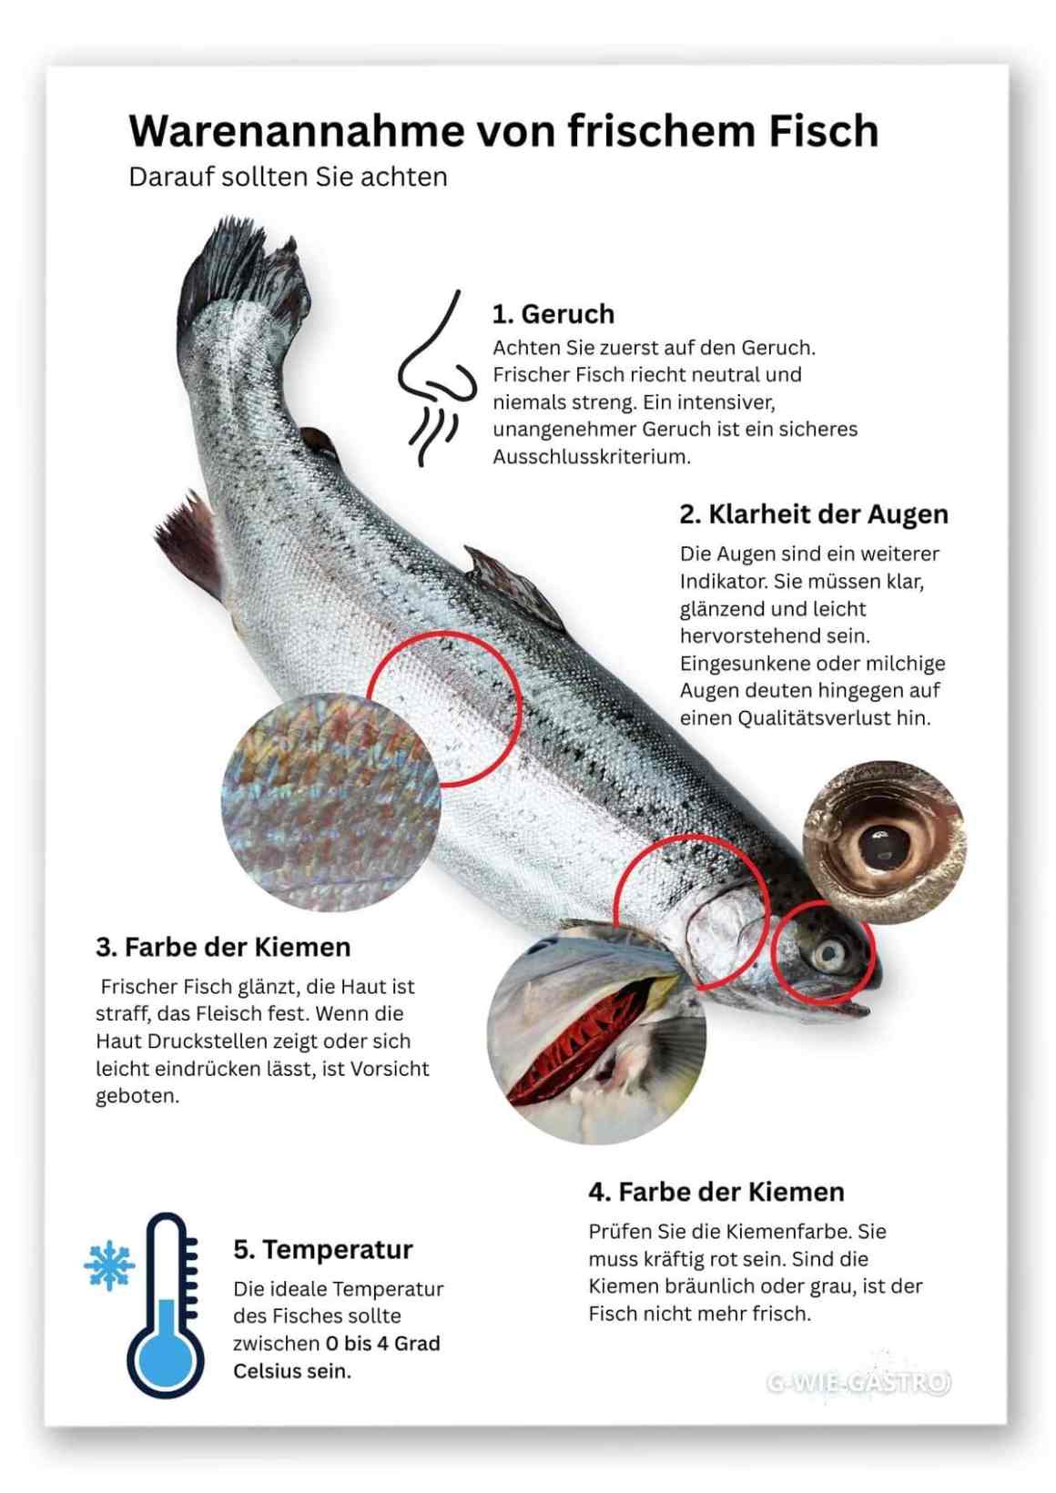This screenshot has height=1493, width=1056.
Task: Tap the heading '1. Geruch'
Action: tap(553, 314)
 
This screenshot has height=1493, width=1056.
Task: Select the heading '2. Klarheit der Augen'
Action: tap(813, 514)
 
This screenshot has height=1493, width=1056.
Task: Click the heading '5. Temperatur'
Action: tap(322, 1250)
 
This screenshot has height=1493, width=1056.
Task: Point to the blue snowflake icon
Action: tap(109, 1264)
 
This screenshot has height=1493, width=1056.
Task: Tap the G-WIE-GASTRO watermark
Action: tap(858, 1383)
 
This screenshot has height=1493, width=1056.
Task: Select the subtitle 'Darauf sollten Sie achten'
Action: tap(288, 177)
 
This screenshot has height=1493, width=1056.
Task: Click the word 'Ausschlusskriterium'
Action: tap(592, 457)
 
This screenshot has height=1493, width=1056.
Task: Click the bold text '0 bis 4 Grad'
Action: tap(382, 1344)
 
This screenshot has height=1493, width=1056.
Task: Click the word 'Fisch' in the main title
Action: tap(824, 131)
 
